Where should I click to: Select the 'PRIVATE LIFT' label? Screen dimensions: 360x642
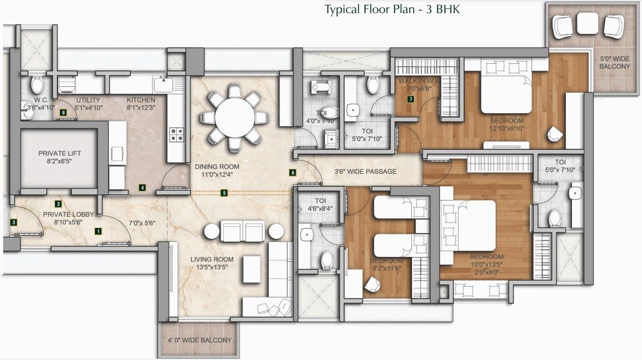click(59, 153)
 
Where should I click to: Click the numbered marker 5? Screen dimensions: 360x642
click(224, 193)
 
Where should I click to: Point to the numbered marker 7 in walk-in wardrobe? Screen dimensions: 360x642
click(411, 99)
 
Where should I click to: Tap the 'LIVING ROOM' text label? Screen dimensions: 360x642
click(212, 259)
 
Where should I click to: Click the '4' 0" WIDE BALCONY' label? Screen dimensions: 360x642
click(199, 341)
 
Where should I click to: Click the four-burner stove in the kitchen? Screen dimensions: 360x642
click(177, 134)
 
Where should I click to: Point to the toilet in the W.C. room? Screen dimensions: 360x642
click(37, 84)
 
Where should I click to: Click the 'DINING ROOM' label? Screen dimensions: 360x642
click(216, 167)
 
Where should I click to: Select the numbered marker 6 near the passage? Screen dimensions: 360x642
click(293, 172)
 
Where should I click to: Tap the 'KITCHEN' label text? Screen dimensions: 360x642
click(141, 99)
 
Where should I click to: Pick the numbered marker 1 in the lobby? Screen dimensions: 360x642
click(98, 231)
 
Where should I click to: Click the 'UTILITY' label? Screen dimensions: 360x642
click(88, 99)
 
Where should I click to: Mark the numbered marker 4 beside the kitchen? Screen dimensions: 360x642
click(143, 187)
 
